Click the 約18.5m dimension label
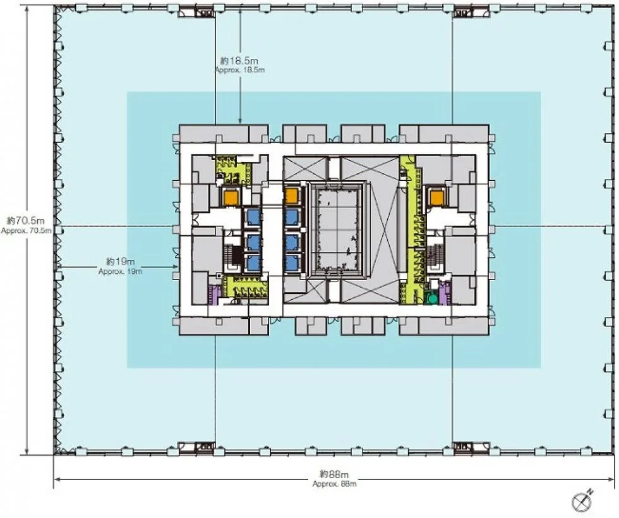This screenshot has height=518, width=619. [239, 61]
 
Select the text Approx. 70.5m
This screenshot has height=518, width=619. [26, 231]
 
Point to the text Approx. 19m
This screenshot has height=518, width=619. [120, 272]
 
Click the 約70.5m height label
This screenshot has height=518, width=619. [26, 221]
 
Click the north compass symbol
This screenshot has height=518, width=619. [582, 500]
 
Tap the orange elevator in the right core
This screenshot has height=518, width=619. [436, 197]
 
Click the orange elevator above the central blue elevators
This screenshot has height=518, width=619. [291, 195]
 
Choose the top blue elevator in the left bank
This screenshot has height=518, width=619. [253, 217]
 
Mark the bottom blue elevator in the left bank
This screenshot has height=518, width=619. [253, 262]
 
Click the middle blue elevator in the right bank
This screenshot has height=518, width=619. [291, 240]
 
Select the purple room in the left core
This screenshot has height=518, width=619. [213, 295]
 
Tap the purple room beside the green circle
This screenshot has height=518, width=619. [445, 293]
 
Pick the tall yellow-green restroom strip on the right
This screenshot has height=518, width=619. [409, 230]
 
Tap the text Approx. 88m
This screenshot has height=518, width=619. [334, 484]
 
